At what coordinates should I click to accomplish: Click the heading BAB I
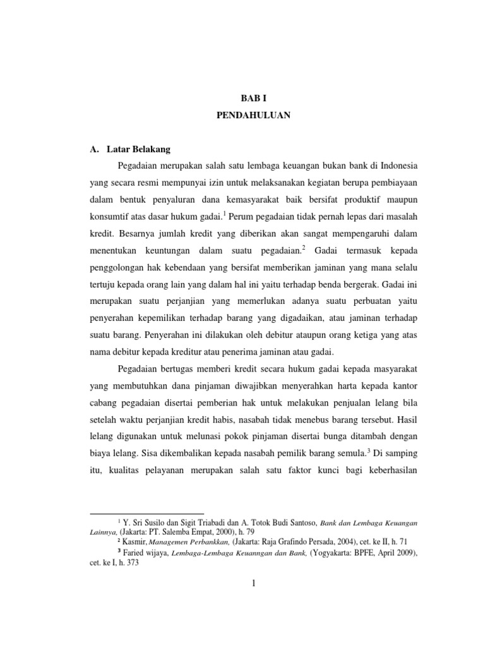click(251, 99)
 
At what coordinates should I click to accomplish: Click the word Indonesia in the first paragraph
click(393, 166)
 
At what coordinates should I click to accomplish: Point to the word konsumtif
click(108, 217)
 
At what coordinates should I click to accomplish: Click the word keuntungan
click(179, 251)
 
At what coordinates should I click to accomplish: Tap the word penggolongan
click(117, 269)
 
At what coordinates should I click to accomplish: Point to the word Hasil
click(405, 420)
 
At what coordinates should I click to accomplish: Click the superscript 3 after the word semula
click(370, 450)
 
